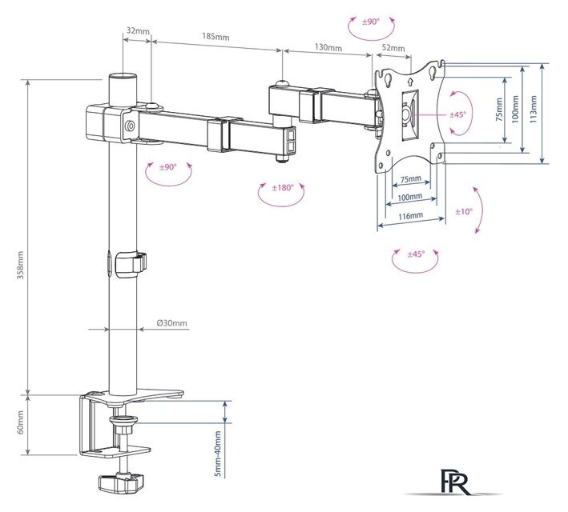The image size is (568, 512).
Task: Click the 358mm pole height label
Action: point(20,265)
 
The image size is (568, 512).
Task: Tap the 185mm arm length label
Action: point(216,36)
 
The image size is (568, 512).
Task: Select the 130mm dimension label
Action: point(328,47)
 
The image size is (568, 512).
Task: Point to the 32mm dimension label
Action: point(138,30)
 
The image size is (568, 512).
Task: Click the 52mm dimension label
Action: point(393,48)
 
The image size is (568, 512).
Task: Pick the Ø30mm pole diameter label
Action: point(172,322)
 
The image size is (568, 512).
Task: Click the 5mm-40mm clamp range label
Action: point(218,453)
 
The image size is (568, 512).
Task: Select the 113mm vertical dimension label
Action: point(533,109)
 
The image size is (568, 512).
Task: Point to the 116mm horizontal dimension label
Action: point(410,216)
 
